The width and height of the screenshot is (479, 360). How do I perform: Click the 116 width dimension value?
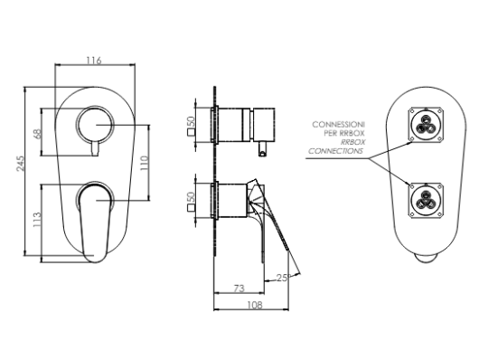[94, 61]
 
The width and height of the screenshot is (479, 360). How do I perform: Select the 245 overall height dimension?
[20, 164]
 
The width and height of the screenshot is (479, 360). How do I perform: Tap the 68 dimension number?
[38, 134]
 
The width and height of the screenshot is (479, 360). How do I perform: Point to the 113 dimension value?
[37, 220]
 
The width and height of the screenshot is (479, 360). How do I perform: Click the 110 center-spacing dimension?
[145, 163]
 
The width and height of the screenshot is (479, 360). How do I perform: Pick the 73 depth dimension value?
[239, 289]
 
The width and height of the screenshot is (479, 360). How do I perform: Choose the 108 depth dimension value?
[255, 305]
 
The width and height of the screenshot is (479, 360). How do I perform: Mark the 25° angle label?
[283, 278]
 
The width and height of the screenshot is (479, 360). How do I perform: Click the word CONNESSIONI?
[339, 125]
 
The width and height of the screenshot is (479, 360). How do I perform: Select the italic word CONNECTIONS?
[335, 151]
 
